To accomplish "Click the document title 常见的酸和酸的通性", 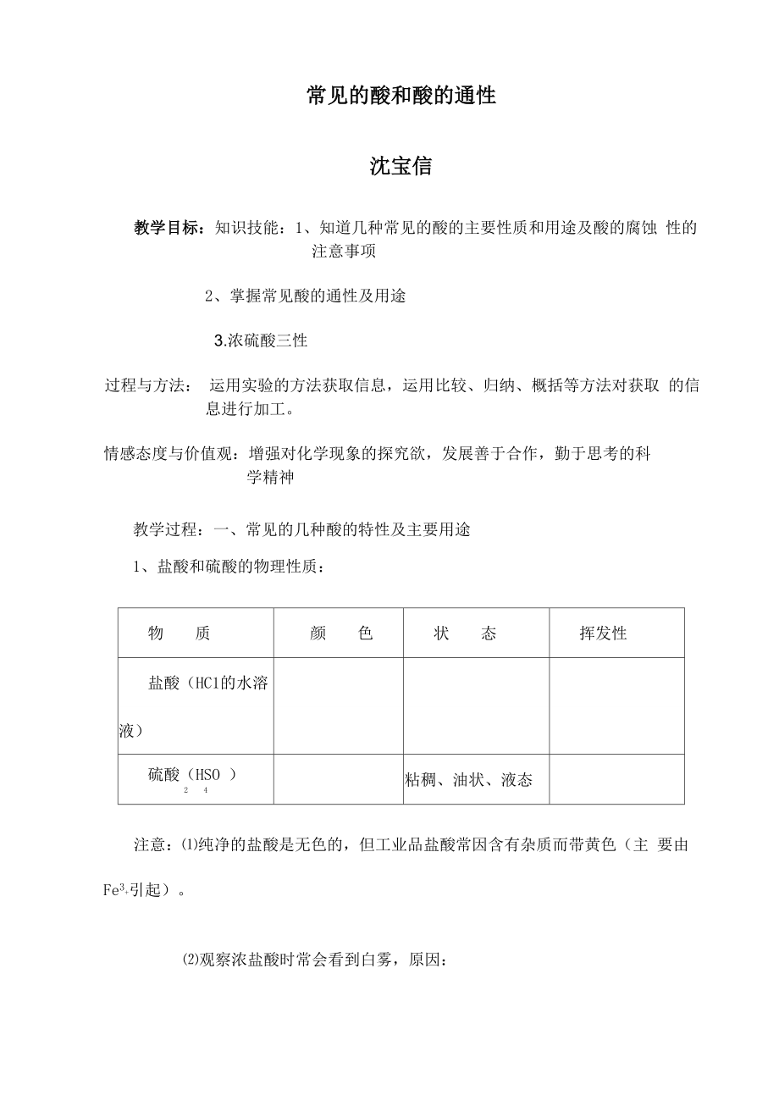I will pos(401,97).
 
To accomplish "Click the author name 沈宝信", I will pos(401,167).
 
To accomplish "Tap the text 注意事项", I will pos(344,252).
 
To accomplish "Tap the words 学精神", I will pos(270,478).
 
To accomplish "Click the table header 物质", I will pos(179,633).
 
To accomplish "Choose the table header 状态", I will pos(465,633).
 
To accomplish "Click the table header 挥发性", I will pos(603,633).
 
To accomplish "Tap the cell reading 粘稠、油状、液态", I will pos(468,780).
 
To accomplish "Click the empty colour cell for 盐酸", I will pos(338,705).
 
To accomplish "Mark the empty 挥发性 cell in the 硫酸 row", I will pos(616,779).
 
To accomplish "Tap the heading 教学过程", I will pos(166,530).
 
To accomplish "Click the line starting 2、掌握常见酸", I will pos(305,296).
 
